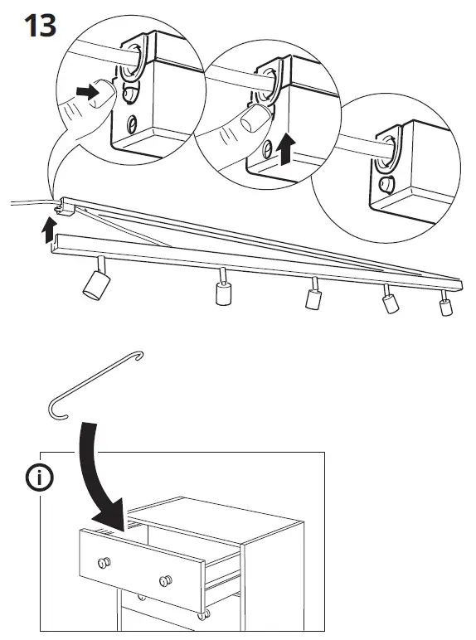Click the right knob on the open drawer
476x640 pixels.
164,577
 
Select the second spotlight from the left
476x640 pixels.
221,290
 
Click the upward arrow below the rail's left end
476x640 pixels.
49,229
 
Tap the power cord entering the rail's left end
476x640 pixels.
29,202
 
